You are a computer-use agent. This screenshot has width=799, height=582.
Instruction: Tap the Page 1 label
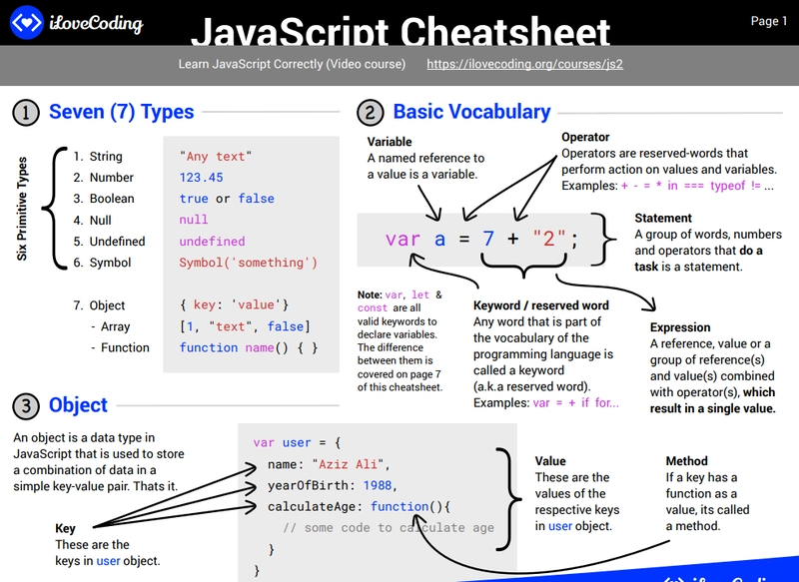pyautogui.click(x=769, y=21)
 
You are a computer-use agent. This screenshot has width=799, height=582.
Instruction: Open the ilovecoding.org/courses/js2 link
pyautogui.click(x=524, y=64)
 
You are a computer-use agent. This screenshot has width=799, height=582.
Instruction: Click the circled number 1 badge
pyautogui.click(x=26, y=112)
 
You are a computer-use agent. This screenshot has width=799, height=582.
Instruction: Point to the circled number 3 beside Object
pyautogui.click(x=26, y=405)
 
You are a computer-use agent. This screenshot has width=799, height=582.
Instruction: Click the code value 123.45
pyautogui.click(x=201, y=178)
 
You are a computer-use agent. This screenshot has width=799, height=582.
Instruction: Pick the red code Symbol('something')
pyautogui.click(x=248, y=263)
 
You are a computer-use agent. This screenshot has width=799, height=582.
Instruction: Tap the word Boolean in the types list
pyautogui.click(x=111, y=199)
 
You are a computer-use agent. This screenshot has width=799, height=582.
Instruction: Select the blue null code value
pyautogui.click(x=194, y=220)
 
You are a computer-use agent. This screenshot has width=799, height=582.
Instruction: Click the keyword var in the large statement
pyautogui.click(x=402, y=240)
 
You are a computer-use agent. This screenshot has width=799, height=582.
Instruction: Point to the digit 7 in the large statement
pyautogui.click(x=488, y=240)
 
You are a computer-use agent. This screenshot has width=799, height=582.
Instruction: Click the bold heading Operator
pyautogui.click(x=585, y=137)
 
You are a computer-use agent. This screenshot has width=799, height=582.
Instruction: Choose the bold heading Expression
pyautogui.click(x=680, y=327)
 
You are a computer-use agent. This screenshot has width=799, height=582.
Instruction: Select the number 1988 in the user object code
pyautogui.click(x=378, y=485)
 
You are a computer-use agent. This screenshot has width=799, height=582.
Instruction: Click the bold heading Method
pyautogui.click(x=686, y=461)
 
